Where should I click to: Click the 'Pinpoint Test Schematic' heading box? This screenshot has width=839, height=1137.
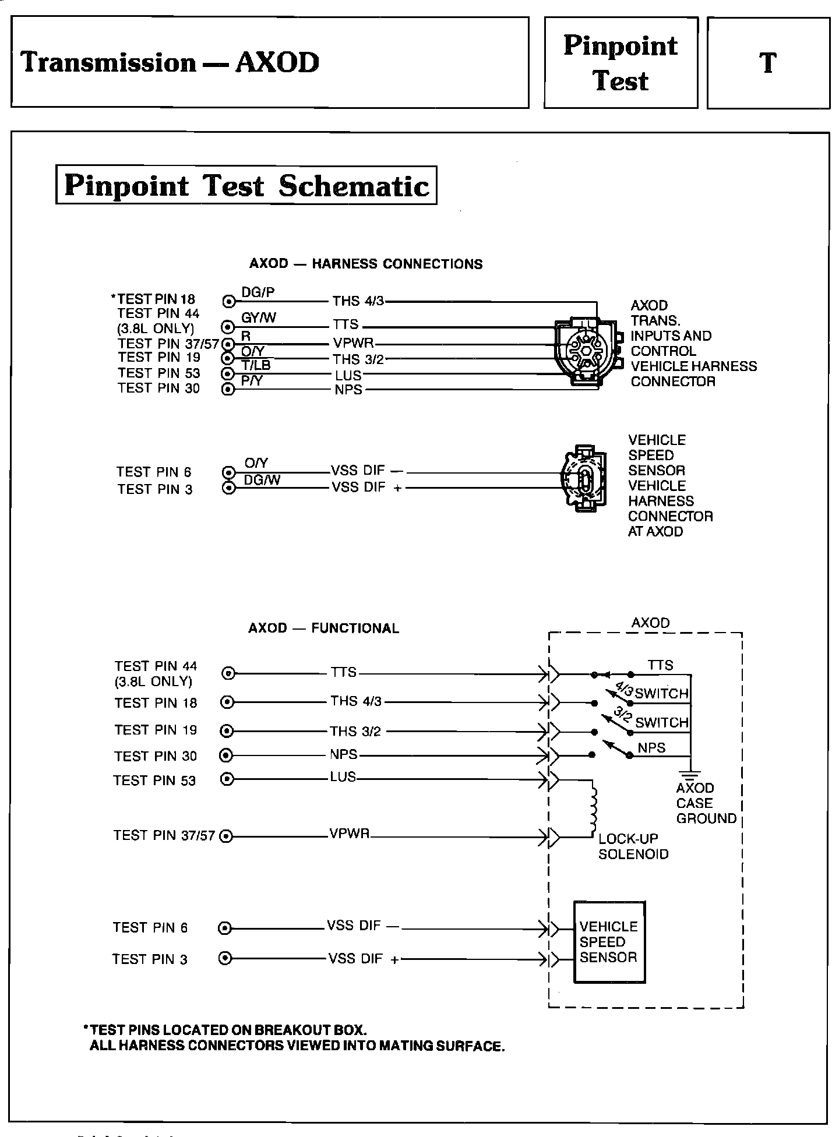pyautogui.click(x=246, y=185)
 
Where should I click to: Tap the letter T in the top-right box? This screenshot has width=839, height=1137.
pyautogui.click(x=769, y=62)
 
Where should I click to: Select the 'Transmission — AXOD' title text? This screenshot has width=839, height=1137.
pyautogui.click(x=170, y=62)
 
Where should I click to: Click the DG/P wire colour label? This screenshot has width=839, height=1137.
pyautogui.click(x=258, y=293)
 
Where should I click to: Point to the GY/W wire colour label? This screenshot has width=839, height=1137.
pyautogui.click(x=259, y=317)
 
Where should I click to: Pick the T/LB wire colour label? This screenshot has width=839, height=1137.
pyautogui.click(x=256, y=366)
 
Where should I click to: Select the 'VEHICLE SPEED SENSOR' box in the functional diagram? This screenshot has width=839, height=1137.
pyautogui.click(x=609, y=942)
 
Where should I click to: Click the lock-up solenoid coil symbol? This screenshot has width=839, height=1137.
pyautogui.click(x=594, y=808)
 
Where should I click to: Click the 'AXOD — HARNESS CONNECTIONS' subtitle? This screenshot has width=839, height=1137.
pyautogui.click(x=366, y=264)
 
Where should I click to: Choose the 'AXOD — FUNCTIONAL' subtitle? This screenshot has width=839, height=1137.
pyautogui.click(x=323, y=628)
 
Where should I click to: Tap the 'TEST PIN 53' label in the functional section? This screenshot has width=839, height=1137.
pyautogui.click(x=154, y=781)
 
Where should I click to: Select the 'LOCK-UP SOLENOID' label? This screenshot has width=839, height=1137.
pyautogui.click(x=633, y=846)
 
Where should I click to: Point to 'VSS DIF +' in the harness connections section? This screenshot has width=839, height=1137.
pyautogui.click(x=366, y=488)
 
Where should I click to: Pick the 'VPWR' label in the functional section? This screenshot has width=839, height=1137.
pyautogui.click(x=349, y=834)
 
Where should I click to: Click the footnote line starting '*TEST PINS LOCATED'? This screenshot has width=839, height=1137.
pyautogui.click(x=228, y=1030)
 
